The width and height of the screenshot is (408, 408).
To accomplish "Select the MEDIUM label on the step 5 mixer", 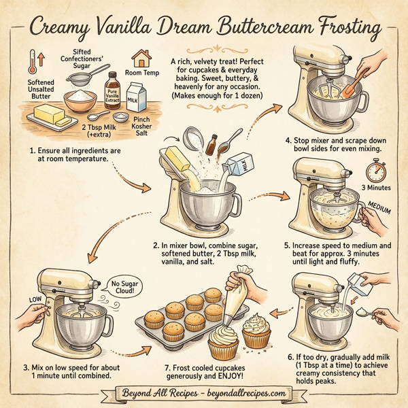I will pos(379,207).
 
